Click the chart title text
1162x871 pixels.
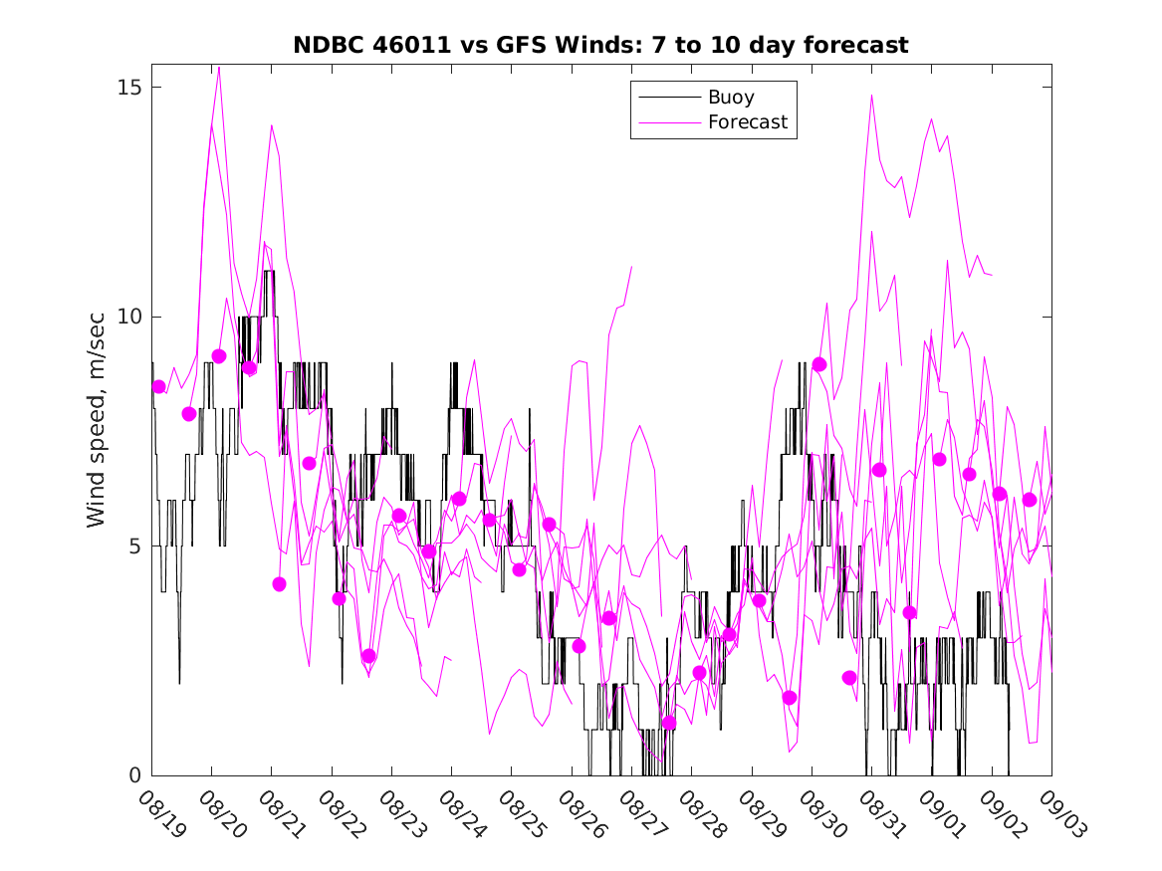point(600,45)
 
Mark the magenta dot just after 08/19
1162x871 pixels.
point(158,386)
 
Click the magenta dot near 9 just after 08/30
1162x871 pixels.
point(819,364)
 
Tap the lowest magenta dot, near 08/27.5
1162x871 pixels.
point(669,723)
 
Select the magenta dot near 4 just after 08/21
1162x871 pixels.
point(279,584)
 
